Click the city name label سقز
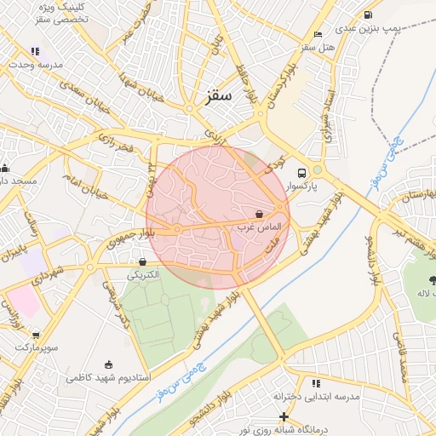point(219,96)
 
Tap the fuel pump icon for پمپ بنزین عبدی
point(367,14)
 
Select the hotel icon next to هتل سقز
point(318,34)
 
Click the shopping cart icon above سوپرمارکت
point(35,335)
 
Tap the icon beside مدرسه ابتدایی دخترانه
point(316,383)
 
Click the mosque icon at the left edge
point(4,168)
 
